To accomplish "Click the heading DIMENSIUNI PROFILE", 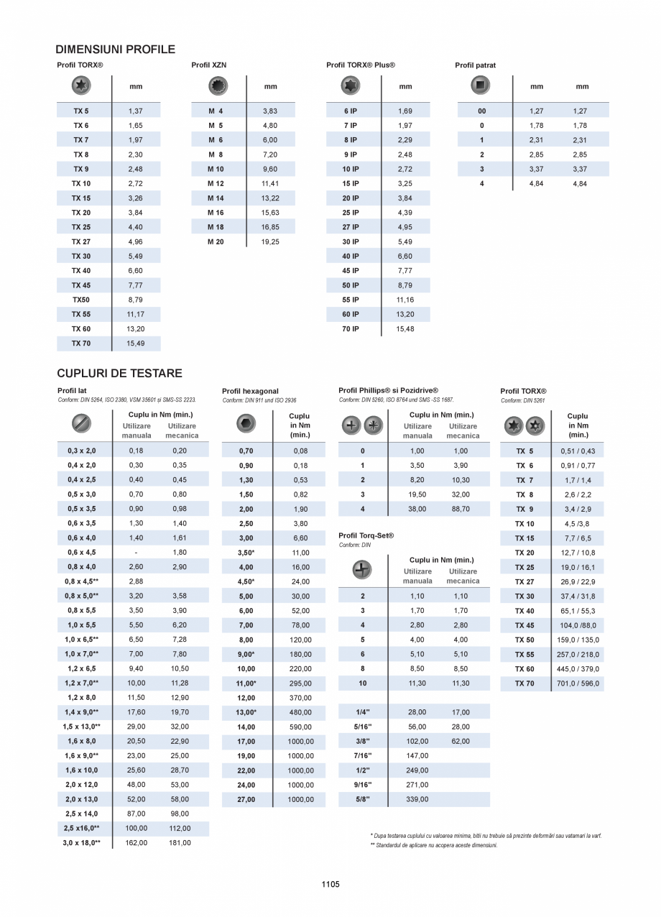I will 115,50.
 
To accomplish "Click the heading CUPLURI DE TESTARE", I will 119,374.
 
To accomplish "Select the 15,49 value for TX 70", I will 135,344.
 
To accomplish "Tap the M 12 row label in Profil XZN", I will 216,184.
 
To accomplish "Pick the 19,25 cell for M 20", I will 270,242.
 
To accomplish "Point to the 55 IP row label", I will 351,300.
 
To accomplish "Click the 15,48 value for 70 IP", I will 405,329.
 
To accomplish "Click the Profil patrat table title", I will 475,65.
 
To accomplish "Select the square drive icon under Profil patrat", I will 481,86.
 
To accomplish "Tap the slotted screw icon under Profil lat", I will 82,423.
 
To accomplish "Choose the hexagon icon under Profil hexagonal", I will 246,424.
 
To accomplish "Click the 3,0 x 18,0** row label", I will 81,843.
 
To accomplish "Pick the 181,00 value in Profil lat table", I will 180,843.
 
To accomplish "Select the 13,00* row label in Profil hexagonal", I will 246,713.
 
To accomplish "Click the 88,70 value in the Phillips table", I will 461,509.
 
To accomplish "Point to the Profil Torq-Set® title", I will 366,535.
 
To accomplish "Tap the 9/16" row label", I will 362,785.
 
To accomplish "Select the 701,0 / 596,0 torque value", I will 578,683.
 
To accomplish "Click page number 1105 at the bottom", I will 330,885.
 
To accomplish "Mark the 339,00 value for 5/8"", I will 417,799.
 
